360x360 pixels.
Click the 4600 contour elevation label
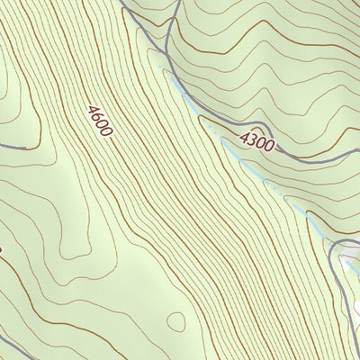[100, 121]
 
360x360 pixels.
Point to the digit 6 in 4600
[96, 118]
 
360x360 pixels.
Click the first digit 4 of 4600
[92, 111]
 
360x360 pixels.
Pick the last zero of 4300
[269, 145]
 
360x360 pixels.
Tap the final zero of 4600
[107, 132]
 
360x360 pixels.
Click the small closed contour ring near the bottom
[176, 321]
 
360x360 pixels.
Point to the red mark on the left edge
[1, 251]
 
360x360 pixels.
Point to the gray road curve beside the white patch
[337, 256]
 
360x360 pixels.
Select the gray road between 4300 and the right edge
[315, 160]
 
